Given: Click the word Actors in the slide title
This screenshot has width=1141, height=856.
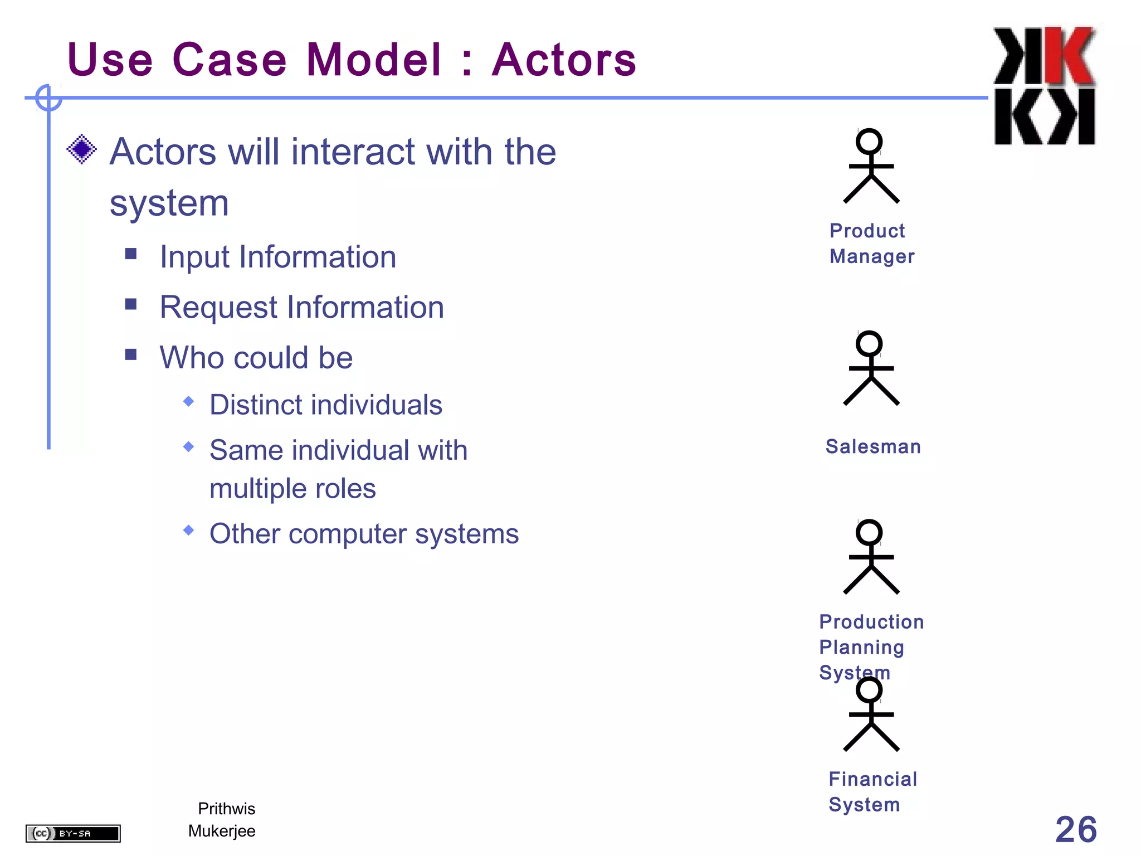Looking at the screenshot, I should (x=564, y=60).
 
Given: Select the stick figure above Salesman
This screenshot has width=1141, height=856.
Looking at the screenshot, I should (x=871, y=368).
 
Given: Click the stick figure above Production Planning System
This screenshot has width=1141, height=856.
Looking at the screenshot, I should (x=871, y=557).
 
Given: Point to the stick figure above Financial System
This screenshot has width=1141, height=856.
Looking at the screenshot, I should (x=871, y=715).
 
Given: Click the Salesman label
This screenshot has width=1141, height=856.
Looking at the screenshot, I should (x=873, y=447).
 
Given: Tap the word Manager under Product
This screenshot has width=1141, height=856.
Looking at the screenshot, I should (x=872, y=256).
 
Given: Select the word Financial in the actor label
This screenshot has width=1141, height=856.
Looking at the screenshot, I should (x=872, y=779).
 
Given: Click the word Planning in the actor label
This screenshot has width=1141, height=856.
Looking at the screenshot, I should (x=861, y=647).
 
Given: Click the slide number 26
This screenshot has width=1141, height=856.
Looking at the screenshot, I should (x=1075, y=829).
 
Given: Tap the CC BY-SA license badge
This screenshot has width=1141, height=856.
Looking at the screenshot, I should (x=73, y=833).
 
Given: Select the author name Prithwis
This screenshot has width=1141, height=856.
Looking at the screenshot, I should (x=227, y=809).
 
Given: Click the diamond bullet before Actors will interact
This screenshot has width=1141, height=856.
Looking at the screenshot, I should (x=82, y=149).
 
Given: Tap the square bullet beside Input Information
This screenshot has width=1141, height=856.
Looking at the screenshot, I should (x=131, y=254).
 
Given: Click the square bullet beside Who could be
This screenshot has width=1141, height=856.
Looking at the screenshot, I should (x=131, y=354).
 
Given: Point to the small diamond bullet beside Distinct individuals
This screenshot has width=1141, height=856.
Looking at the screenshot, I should (x=189, y=401).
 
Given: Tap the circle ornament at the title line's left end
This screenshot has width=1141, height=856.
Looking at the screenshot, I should (x=48, y=98).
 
